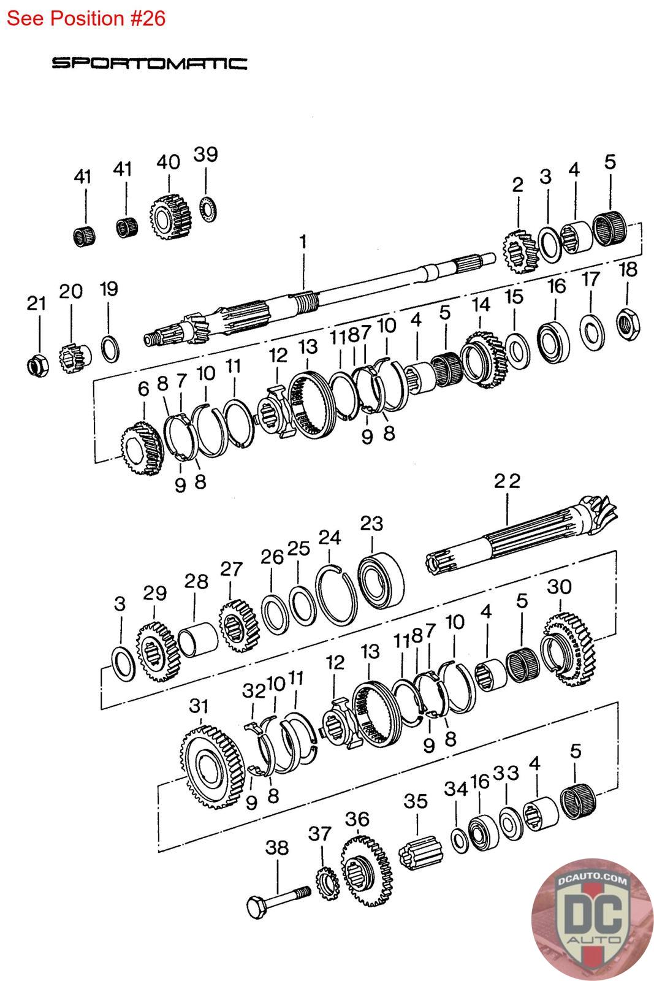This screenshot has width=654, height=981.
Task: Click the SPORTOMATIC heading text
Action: (x=150, y=63)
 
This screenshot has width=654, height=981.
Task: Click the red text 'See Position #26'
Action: (x=86, y=18)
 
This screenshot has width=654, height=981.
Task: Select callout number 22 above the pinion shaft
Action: (x=507, y=481)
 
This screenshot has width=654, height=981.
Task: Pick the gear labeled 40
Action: (x=169, y=218)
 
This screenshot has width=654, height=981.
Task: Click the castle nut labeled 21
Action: (x=37, y=364)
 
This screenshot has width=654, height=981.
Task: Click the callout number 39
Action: (x=205, y=154)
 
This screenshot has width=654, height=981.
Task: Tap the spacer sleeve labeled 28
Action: (x=197, y=639)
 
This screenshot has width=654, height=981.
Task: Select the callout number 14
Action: (x=481, y=303)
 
